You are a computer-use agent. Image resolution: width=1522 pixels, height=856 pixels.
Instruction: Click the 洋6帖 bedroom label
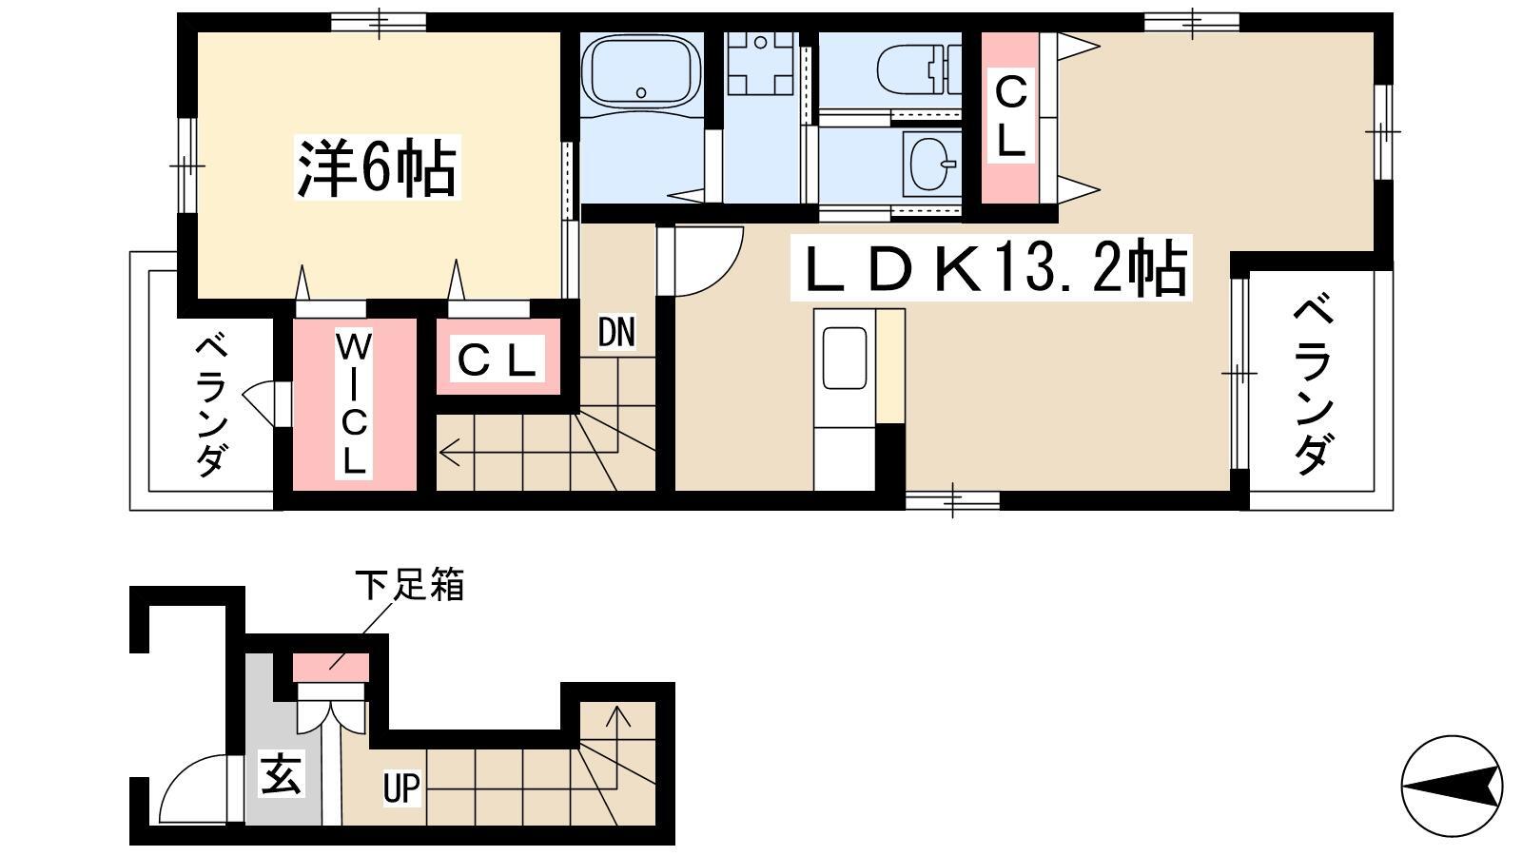point(377,167)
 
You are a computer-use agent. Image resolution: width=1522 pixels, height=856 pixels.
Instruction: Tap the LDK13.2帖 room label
point(991,267)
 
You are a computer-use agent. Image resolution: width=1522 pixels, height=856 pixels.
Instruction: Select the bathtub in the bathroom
point(641,71)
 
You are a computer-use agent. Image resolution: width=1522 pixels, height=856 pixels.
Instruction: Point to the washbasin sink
point(931,165)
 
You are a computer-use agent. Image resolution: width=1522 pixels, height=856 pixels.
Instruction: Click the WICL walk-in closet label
point(353,403)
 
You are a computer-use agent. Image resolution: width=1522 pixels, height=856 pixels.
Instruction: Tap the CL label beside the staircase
point(498,360)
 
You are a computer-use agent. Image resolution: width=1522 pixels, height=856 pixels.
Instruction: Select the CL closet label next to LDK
point(1010,115)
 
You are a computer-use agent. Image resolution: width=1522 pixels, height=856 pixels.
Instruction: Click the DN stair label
point(616,332)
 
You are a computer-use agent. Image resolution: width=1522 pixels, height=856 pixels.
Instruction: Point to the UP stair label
point(401,788)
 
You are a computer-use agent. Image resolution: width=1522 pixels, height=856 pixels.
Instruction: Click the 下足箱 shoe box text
point(410,585)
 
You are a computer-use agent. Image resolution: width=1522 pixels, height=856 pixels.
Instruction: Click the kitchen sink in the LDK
point(844,358)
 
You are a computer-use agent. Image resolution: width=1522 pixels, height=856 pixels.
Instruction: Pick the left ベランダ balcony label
point(211,405)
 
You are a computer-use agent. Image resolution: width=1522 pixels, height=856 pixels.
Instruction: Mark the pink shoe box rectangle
point(331,667)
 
